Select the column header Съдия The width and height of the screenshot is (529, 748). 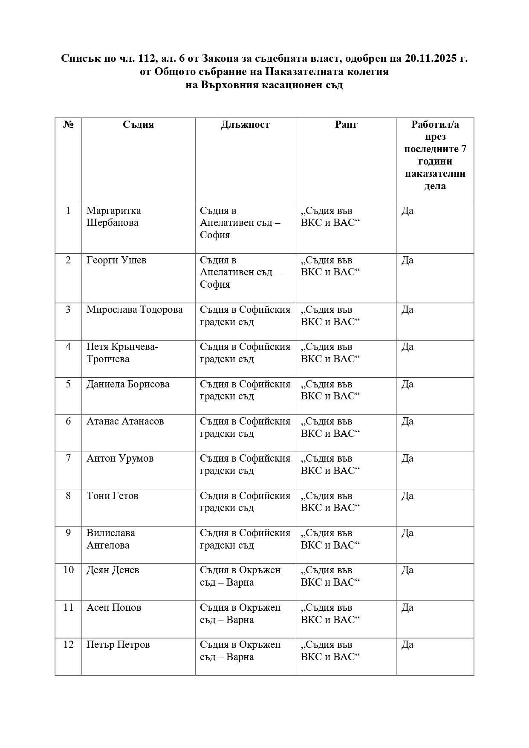click(x=138, y=124)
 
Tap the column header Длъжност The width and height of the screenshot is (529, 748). click(x=245, y=124)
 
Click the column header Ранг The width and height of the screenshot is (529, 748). click(x=346, y=124)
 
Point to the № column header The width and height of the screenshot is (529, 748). click(x=68, y=124)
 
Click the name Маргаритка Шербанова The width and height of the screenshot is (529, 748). click(x=113, y=217)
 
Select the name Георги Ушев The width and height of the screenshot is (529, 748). click(x=116, y=260)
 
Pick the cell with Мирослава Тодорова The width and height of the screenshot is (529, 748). click(x=134, y=309)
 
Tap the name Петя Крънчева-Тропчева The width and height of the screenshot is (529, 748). click(x=122, y=353)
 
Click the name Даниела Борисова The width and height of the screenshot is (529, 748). click(x=128, y=384)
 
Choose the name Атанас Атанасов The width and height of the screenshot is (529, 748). click(x=125, y=421)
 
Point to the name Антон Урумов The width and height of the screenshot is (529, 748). click(x=120, y=458)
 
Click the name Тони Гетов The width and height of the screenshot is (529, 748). click(x=112, y=496)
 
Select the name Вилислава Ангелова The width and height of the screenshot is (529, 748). click(x=111, y=539)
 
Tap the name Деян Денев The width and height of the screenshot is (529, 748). click(x=113, y=570)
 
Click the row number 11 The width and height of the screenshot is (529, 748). click(x=68, y=607)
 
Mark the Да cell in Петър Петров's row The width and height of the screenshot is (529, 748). click(x=407, y=644)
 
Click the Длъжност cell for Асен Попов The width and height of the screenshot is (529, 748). click(x=240, y=613)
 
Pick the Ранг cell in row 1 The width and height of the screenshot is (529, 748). click(x=330, y=217)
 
